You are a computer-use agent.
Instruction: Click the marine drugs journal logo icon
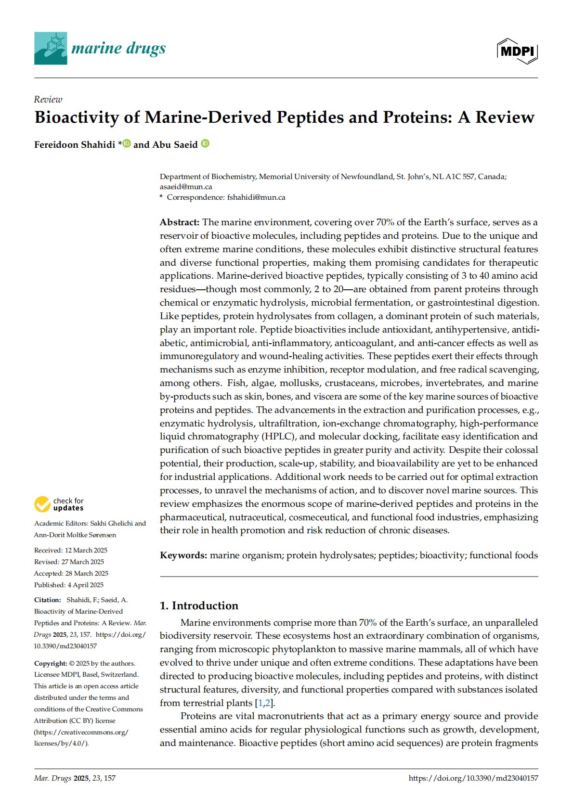(51, 48)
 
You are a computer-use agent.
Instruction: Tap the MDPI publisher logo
(517, 51)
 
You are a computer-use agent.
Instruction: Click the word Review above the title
(48, 100)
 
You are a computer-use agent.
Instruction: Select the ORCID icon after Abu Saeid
(205, 143)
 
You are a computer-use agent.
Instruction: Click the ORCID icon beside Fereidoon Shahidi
(127, 143)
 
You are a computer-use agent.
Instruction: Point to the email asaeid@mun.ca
(186, 187)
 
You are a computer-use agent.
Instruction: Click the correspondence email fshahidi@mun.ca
(256, 197)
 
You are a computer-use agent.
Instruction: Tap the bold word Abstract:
(180, 222)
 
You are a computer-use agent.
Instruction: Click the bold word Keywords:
(183, 555)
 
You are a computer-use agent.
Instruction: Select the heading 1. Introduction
(199, 605)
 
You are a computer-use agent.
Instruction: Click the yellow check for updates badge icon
(42, 504)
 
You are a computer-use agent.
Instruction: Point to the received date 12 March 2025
(86, 550)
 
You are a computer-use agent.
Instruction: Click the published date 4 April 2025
(85, 585)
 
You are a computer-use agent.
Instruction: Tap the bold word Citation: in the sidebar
(48, 600)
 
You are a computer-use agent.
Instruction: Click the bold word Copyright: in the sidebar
(51, 663)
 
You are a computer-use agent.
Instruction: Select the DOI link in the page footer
(473, 778)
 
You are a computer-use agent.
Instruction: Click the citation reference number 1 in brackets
(260, 703)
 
